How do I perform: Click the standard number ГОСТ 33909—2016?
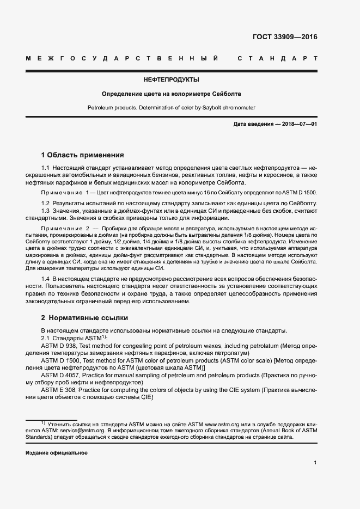285,38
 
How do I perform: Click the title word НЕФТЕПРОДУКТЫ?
171,79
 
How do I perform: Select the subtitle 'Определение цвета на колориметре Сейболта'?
171,94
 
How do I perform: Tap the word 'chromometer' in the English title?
239,108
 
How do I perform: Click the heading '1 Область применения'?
83,155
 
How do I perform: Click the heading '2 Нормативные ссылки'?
84,318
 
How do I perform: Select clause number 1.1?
46,169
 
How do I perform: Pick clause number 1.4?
46,279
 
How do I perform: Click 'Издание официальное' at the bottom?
57,453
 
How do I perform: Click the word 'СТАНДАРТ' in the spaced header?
277,58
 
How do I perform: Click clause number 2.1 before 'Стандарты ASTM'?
46,338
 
